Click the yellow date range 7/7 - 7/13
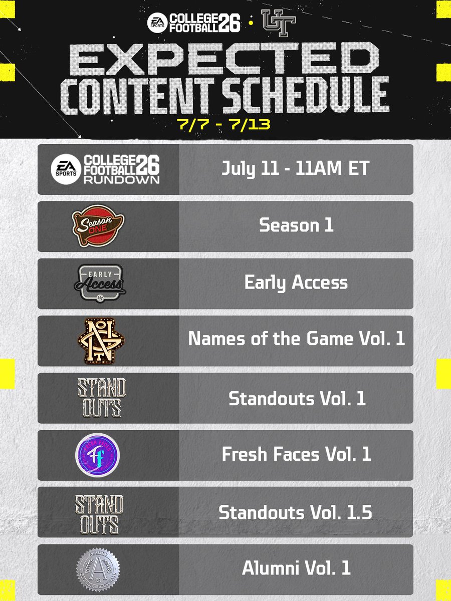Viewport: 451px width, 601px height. point(224,124)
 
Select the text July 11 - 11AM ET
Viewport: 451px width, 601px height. point(296,169)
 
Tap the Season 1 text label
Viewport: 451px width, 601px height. point(296,225)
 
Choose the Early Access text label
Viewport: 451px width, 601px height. point(296,282)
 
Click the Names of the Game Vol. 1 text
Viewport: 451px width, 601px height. point(296,340)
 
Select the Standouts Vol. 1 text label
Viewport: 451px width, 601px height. point(296,398)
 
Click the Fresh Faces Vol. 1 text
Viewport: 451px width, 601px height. point(296,454)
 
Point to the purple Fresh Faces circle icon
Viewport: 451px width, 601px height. point(97,455)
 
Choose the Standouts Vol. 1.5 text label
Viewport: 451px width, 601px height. point(296,512)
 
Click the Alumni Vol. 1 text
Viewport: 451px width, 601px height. point(296,568)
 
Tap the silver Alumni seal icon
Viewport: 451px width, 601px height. point(98,569)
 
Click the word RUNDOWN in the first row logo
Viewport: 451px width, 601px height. point(121,179)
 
